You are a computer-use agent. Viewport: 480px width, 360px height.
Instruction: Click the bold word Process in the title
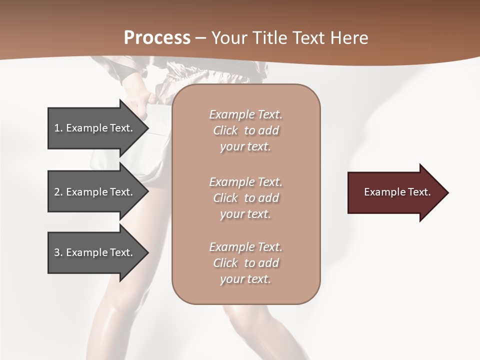pyautogui.click(x=157, y=38)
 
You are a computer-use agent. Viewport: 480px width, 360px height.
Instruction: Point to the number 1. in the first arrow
pyautogui.click(x=58, y=128)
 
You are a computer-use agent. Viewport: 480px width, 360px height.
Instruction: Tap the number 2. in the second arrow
pyautogui.click(x=58, y=192)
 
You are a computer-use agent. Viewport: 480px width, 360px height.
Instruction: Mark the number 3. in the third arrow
pyautogui.click(x=58, y=252)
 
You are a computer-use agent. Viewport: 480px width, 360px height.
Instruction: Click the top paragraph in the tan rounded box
pyautogui.click(x=246, y=130)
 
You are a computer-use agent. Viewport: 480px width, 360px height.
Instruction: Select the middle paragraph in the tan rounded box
pyautogui.click(x=246, y=198)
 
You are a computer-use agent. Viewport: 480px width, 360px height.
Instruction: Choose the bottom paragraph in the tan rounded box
pyautogui.click(x=246, y=263)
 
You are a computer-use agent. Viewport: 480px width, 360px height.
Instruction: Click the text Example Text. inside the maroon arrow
pyautogui.click(x=397, y=192)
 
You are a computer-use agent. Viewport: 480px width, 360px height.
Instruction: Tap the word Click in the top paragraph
pyautogui.click(x=225, y=130)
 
